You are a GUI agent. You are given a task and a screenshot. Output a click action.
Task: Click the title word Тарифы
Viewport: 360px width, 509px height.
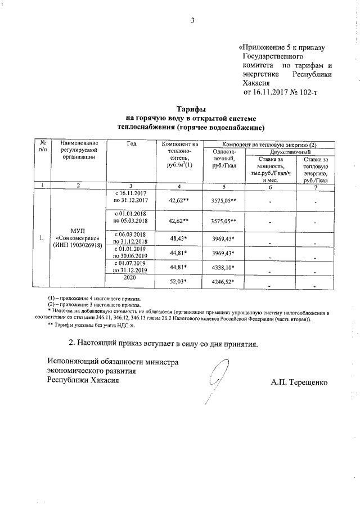tap(191, 109)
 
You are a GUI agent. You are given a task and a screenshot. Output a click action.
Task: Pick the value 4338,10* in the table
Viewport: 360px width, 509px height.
tap(222, 267)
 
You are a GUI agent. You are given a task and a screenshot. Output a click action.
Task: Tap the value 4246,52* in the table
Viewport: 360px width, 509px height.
tap(222, 282)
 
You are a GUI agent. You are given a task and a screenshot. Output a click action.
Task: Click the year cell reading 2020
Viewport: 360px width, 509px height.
tap(130, 278)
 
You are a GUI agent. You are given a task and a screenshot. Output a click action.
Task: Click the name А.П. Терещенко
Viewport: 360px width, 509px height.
tap(298, 382)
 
